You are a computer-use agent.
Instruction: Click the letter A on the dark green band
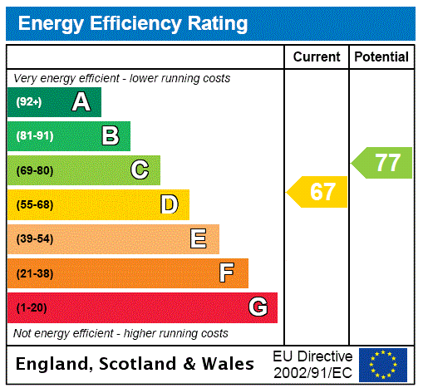coord(81,102)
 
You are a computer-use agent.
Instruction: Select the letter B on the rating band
coord(110,135)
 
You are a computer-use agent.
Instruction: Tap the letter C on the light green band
coord(140,170)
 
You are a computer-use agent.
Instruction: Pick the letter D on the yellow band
coord(169,204)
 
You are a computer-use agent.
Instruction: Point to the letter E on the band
coord(199,239)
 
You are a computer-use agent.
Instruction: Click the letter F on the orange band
coord(226,273)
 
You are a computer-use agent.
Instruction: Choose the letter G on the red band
coord(258,307)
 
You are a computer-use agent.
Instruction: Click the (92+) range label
coord(28,102)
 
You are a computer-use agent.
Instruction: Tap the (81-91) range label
coord(34,136)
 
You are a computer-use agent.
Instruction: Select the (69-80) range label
coord(34,170)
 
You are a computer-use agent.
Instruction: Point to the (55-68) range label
coord(34,204)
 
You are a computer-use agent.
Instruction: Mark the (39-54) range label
coord(34,239)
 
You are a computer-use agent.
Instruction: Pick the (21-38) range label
coord(34,273)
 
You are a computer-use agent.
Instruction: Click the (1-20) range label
coord(32,308)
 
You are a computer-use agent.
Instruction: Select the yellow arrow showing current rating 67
coord(318,192)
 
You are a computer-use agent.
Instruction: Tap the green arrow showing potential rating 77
coord(383,162)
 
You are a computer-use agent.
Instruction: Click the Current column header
coord(317,57)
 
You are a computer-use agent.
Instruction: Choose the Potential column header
coord(381,57)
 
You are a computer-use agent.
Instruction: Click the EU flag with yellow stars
coord(383,364)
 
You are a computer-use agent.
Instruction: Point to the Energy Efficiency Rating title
coord(133,24)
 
